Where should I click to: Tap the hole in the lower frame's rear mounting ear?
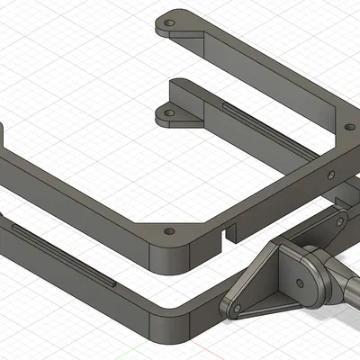tap(164, 115)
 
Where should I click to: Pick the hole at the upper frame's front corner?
tap(169, 231)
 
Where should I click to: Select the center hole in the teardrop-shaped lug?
tap(306, 281)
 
